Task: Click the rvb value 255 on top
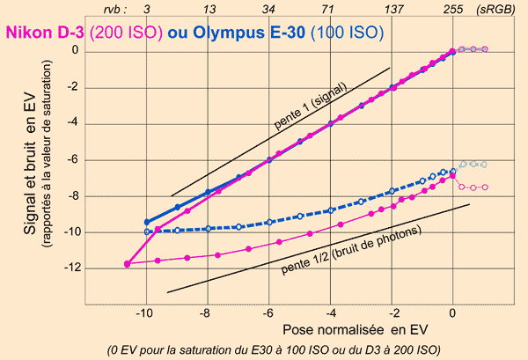[452, 9]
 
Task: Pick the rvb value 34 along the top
[268, 9]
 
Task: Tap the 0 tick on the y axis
[75, 51]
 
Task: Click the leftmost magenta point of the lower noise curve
[128, 263]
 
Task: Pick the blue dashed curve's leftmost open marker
[146, 231]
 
